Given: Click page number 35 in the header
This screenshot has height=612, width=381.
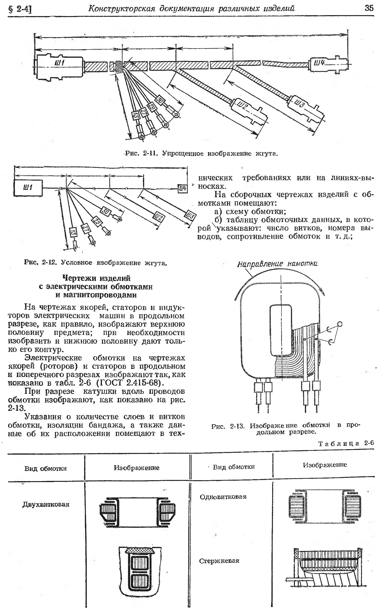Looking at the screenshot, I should [x=369, y=8].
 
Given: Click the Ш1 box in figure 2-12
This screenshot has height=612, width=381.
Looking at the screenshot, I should [x=28, y=188].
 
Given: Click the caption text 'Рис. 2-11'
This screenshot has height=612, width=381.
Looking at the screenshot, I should [x=141, y=153].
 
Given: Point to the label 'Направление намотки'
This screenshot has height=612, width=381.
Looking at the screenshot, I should [x=277, y=264].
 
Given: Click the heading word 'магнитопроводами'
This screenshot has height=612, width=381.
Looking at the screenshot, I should [x=96, y=295].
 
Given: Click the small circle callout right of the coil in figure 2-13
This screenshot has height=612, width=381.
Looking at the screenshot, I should [x=340, y=324].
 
